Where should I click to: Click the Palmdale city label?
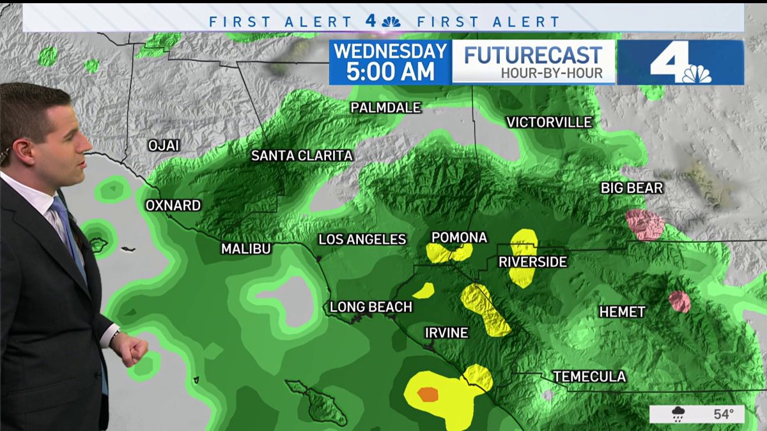tap(385, 108)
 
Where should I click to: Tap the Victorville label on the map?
tap(549, 122)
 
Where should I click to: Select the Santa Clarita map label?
tap(302, 155)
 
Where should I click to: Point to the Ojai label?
tap(164, 146)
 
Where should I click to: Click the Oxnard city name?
tap(173, 206)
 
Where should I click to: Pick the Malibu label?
tap(246, 249)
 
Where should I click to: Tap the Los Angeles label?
tap(362, 239)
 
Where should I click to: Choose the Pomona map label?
tap(459, 238)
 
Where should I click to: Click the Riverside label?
tap(533, 262)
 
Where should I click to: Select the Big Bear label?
tap(631, 188)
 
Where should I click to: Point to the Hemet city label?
tap(622, 312)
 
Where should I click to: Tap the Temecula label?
tap(589, 377)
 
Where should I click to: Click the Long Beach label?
tap(371, 307)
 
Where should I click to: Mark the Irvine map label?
tap(447, 333)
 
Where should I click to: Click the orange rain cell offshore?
tap(428, 395)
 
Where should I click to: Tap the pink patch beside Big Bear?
tap(646, 225)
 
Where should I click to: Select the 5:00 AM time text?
tap(390, 72)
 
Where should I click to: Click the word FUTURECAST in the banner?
tap(533, 56)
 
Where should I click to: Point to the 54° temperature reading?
tap(724, 414)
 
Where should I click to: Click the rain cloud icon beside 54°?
tap(678, 414)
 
